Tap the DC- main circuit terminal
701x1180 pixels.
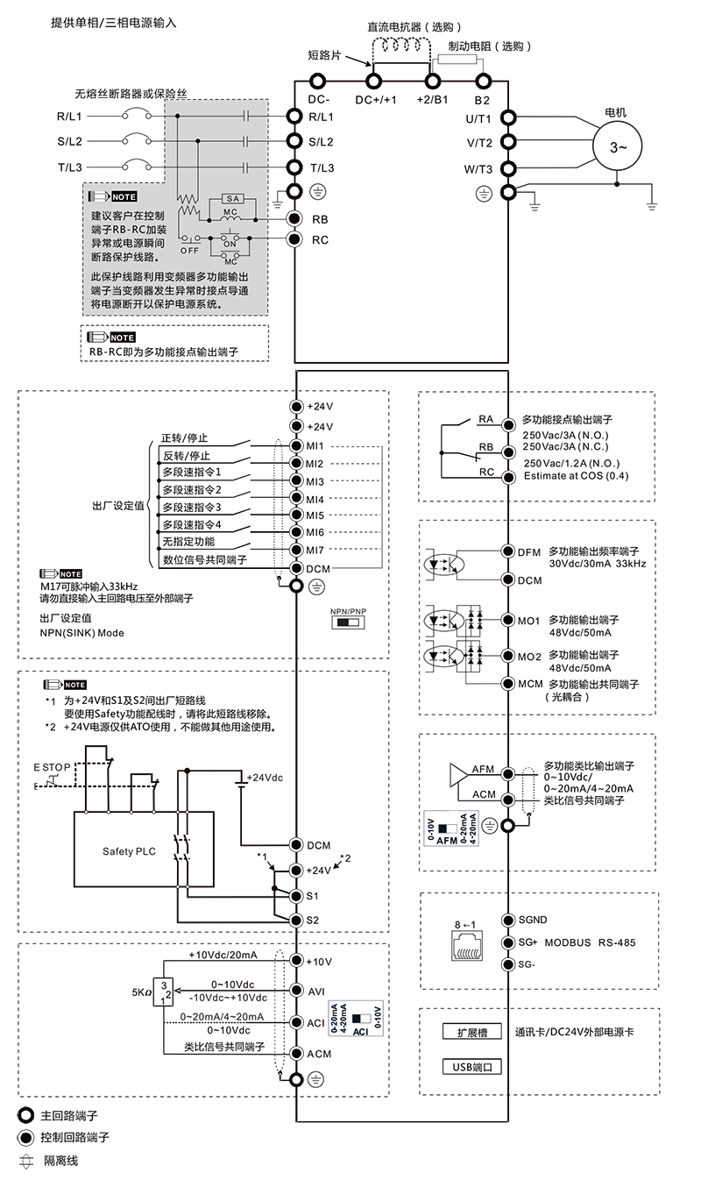coord(319,81)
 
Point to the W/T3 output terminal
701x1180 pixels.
coord(506,169)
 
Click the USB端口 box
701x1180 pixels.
coord(473,1067)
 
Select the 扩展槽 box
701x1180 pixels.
coord(473,1033)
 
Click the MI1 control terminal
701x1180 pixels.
coord(296,445)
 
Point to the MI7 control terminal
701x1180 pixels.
coord(296,550)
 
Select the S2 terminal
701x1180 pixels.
coord(296,920)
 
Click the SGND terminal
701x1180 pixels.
coord(506,920)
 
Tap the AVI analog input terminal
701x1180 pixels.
coord(296,991)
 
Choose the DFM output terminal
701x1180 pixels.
coord(506,552)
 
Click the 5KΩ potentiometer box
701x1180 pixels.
coord(163,992)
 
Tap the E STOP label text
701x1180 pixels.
coord(52,767)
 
